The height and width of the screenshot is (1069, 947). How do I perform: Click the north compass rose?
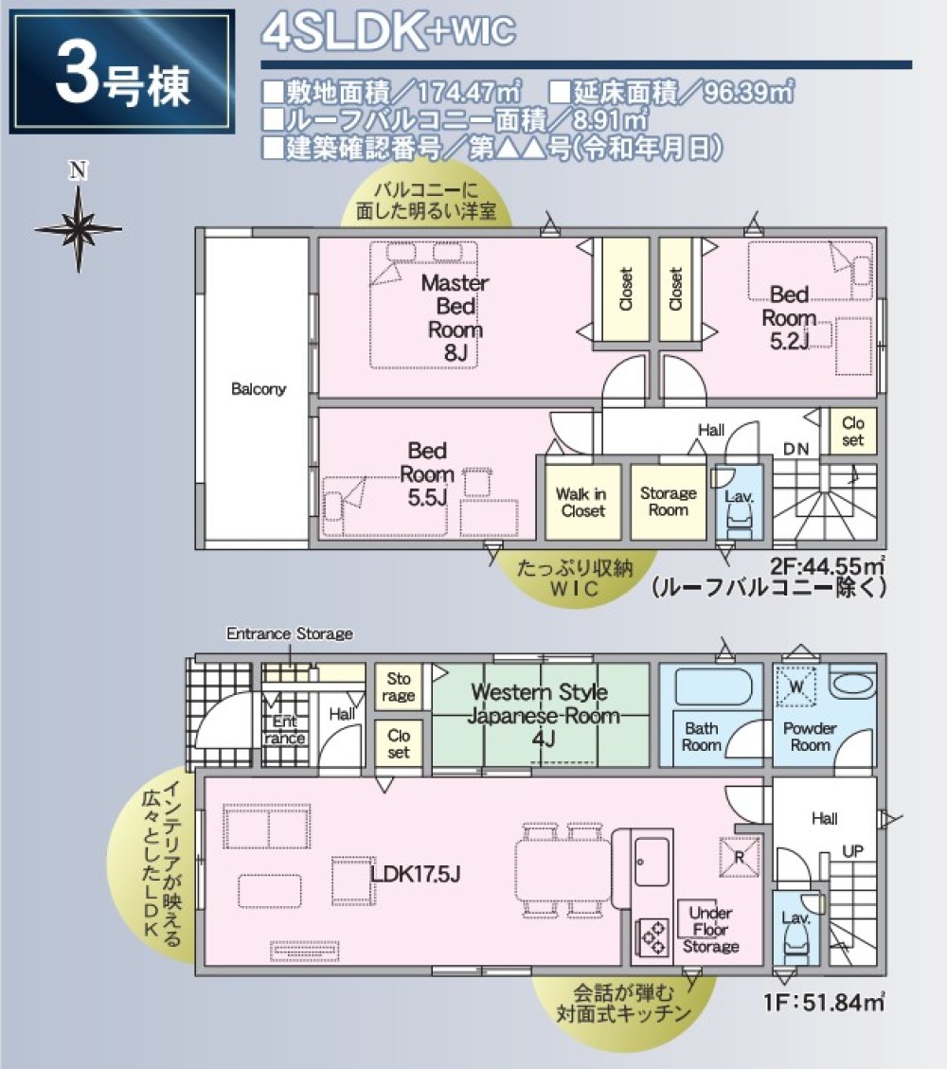tap(79, 228)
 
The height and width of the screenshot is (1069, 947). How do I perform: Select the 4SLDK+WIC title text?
tap(388, 32)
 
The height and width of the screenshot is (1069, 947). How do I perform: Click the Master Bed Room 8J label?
tap(455, 317)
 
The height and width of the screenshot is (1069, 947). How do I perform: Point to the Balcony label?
tap(259, 389)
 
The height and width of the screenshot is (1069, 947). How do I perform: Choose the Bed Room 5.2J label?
tap(789, 317)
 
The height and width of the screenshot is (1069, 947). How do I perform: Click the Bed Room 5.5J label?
tap(427, 474)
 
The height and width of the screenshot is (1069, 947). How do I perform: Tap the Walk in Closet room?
tap(582, 502)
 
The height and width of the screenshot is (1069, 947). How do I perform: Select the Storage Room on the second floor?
tap(668, 502)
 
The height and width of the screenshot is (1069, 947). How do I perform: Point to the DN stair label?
tap(795, 449)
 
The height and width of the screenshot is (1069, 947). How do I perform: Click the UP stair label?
tap(852, 851)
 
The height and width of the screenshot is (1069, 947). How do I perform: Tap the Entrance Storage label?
tap(289, 633)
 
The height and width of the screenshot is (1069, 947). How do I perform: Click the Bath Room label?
tap(702, 737)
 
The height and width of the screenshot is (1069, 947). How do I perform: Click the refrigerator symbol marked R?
tap(739, 858)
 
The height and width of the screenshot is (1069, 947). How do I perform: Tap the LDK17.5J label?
tap(416, 872)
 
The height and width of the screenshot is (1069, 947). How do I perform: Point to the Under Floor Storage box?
tap(710, 929)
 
